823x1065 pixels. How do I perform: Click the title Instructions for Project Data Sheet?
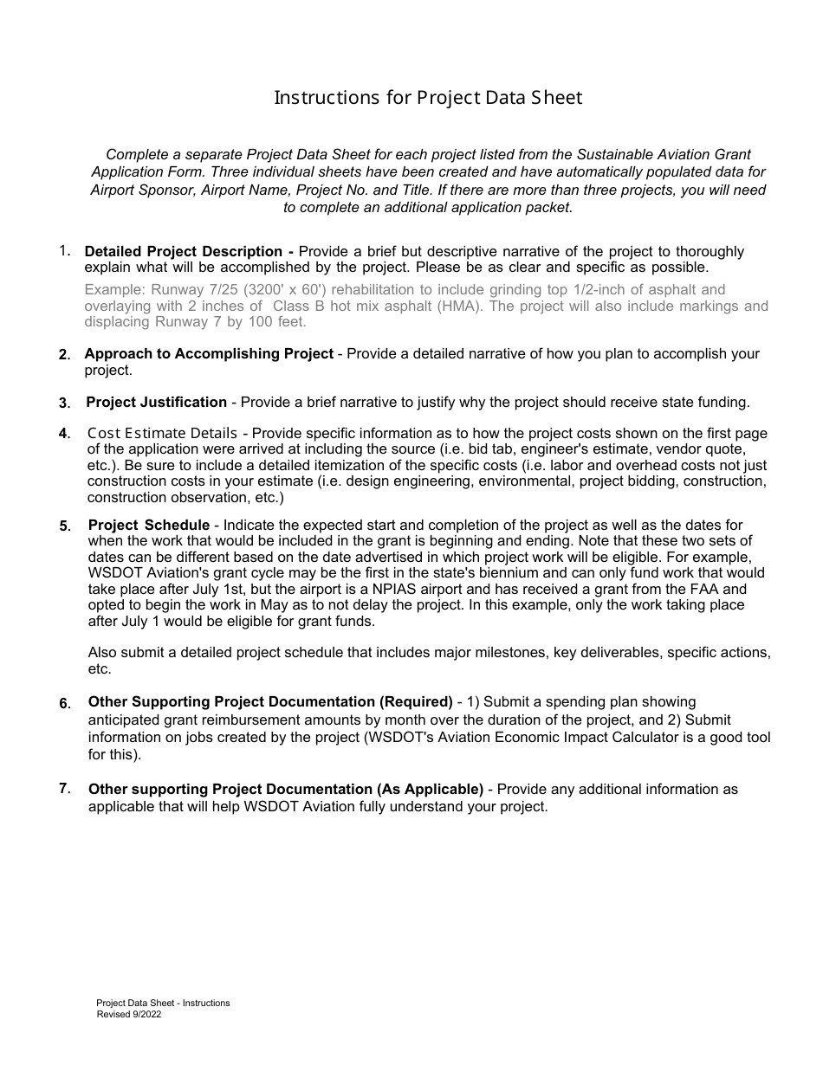tap(428, 97)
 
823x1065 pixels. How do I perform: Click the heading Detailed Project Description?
tap(183, 252)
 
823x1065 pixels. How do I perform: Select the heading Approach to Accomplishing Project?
tap(208, 353)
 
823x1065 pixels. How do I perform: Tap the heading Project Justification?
tap(156, 402)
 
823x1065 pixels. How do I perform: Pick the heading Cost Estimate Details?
tap(162, 433)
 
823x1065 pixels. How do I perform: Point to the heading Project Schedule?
tap(149, 525)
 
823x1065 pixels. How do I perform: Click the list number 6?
tap(65, 703)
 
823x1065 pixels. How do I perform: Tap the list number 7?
tap(65, 788)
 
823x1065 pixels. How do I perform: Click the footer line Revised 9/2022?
tap(128, 1015)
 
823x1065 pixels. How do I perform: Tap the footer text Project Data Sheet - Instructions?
tap(163, 1003)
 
